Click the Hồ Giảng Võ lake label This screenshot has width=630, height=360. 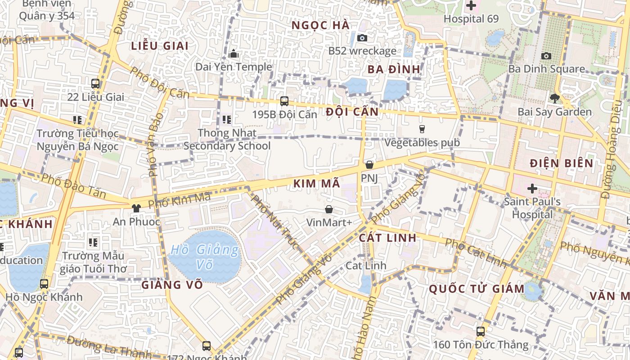[205, 256]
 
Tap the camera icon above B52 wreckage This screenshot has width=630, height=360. [362, 38]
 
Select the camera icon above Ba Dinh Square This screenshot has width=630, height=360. [546, 56]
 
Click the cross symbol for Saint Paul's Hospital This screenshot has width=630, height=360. [532, 188]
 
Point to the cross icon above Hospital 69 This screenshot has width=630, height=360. [471, 6]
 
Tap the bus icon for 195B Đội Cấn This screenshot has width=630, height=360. [284, 101]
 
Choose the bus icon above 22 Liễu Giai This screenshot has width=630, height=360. [95, 83]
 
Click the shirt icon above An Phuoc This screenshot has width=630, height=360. [136, 208]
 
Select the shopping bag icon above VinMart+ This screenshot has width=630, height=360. [329, 209]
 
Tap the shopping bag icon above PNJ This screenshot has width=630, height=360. [369, 165]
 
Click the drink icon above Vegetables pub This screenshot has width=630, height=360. [422, 129]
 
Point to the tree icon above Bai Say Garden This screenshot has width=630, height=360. [554, 98]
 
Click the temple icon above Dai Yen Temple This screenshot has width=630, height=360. [233, 54]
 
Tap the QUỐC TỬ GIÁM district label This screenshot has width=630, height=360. [477, 289]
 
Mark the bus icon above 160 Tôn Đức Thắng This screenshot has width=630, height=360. [481, 332]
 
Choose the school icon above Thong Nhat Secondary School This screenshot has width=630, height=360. [227, 120]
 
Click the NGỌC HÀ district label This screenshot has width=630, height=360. [320, 25]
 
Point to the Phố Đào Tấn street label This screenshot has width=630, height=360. [74, 185]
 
